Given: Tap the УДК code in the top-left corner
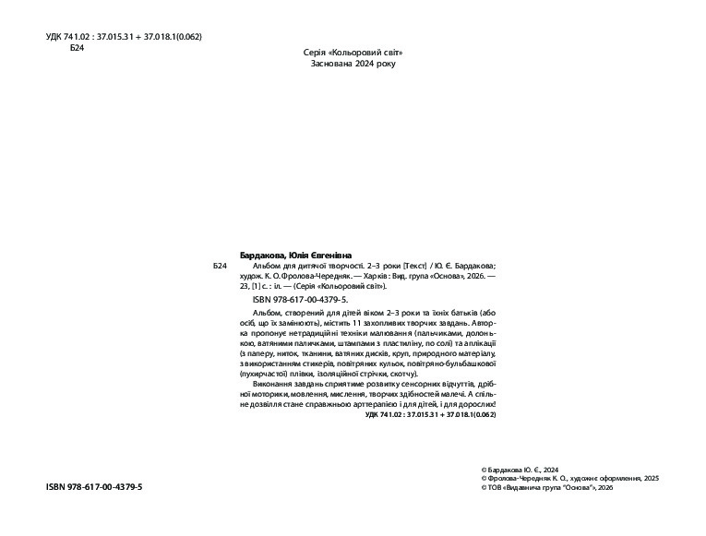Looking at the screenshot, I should [124, 36].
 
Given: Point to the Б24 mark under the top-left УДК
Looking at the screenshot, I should [78, 48].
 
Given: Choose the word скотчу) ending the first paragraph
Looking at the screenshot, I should [404, 374].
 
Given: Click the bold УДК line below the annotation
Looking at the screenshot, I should [431, 416].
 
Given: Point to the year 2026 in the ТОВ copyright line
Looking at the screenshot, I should [604, 488].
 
